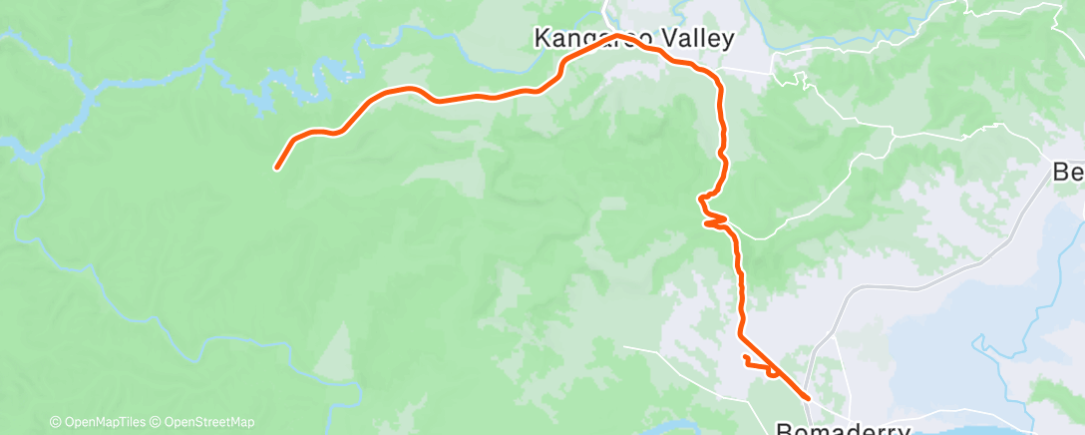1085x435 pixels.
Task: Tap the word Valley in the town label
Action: tap(696, 39)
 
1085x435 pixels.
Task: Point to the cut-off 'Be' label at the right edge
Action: tap(1069, 173)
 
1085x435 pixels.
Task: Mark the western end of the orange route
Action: tap(277, 167)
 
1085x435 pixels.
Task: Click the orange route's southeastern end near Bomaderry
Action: tap(806, 398)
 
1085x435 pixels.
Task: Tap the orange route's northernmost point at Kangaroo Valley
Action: tap(618, 36)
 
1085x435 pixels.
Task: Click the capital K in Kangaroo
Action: tap(543, 39)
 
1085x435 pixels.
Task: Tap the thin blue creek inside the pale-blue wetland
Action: tap(987, 349)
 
